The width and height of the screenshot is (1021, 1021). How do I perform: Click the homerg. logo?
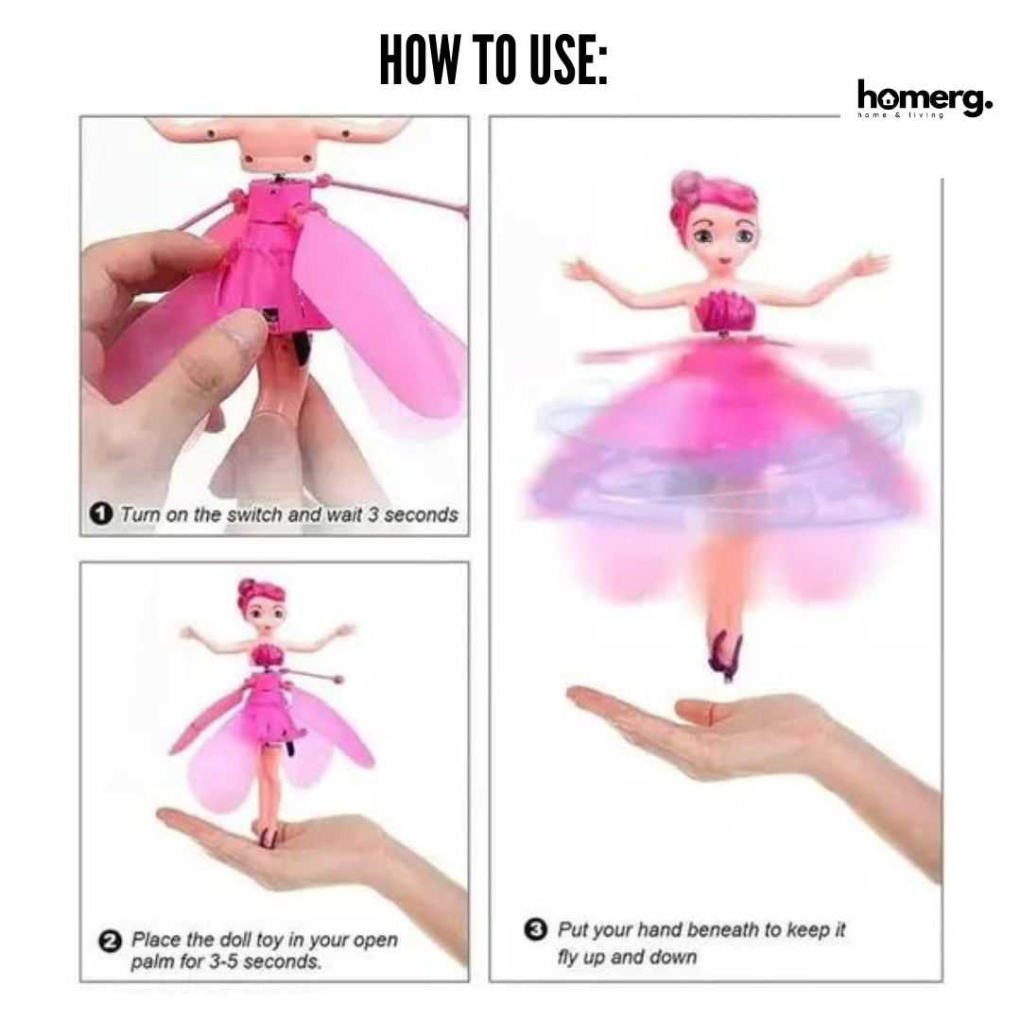coord(925,99)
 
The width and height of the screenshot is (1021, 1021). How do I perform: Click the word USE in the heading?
coord(567,60)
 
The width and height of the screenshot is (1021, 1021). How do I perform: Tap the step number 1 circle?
coord(100,513)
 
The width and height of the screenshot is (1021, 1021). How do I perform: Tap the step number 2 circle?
coord(110,942)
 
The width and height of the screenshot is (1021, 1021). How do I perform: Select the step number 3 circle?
coord(535,928)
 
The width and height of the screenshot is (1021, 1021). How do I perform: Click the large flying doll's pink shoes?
coord(725,654)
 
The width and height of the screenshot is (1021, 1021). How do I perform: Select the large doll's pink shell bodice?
coord(724,310)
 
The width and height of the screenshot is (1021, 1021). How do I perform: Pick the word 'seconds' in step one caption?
coord(421,514)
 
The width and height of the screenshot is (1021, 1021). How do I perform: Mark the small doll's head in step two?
coord(263,608)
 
